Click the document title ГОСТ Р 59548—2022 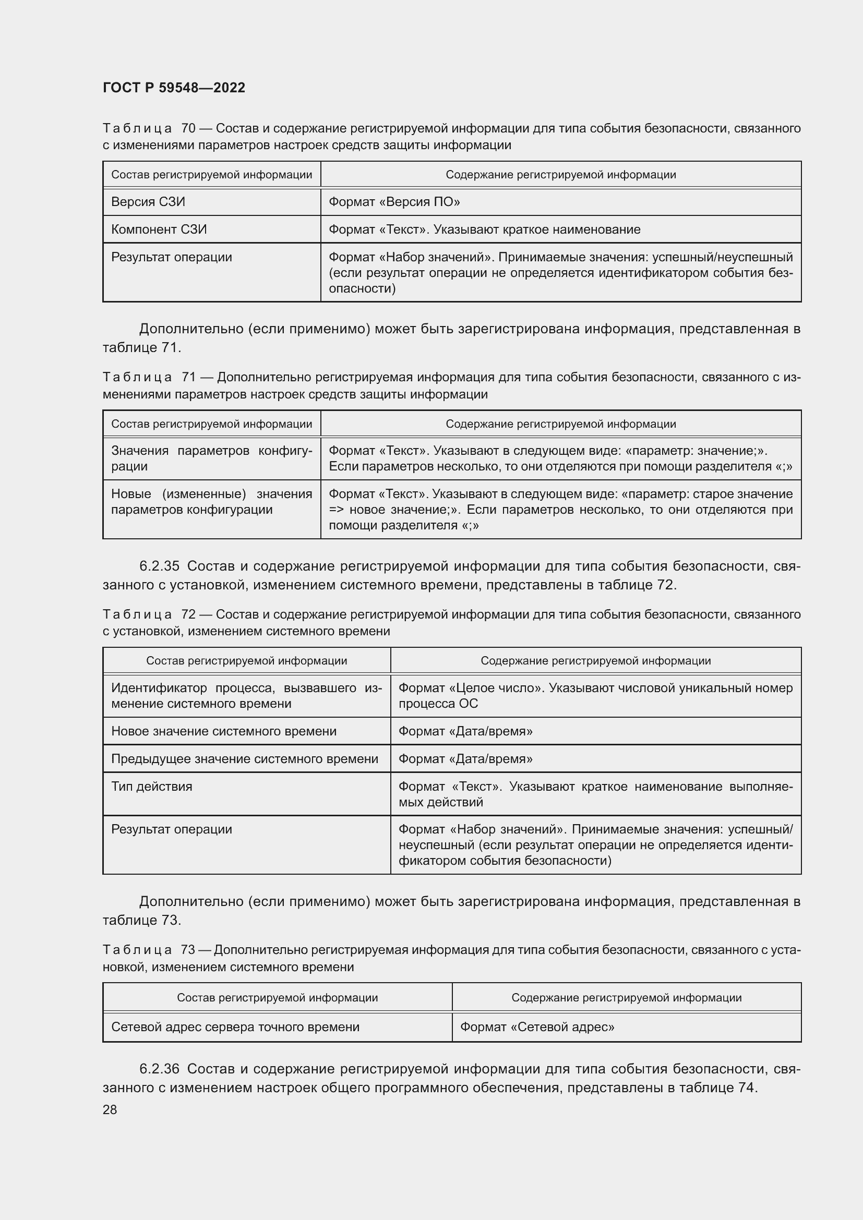[174, 88]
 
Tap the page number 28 [110, 1109]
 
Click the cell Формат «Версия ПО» [394, 202]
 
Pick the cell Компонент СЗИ [159, 229]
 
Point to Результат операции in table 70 [172, 257]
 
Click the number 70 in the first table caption [189, 128]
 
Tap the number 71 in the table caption [189, 377]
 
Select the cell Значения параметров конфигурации [211, 458]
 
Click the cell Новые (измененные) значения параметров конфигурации [211, 502]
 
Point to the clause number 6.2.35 [160, 566]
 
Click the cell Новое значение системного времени [224, 731]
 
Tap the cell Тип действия [152, 787]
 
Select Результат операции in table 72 [172, 829]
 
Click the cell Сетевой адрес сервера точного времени [235, 1027]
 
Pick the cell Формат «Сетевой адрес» [537, 1027]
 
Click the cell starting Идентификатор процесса [246, 696]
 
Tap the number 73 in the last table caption [188, 949]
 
